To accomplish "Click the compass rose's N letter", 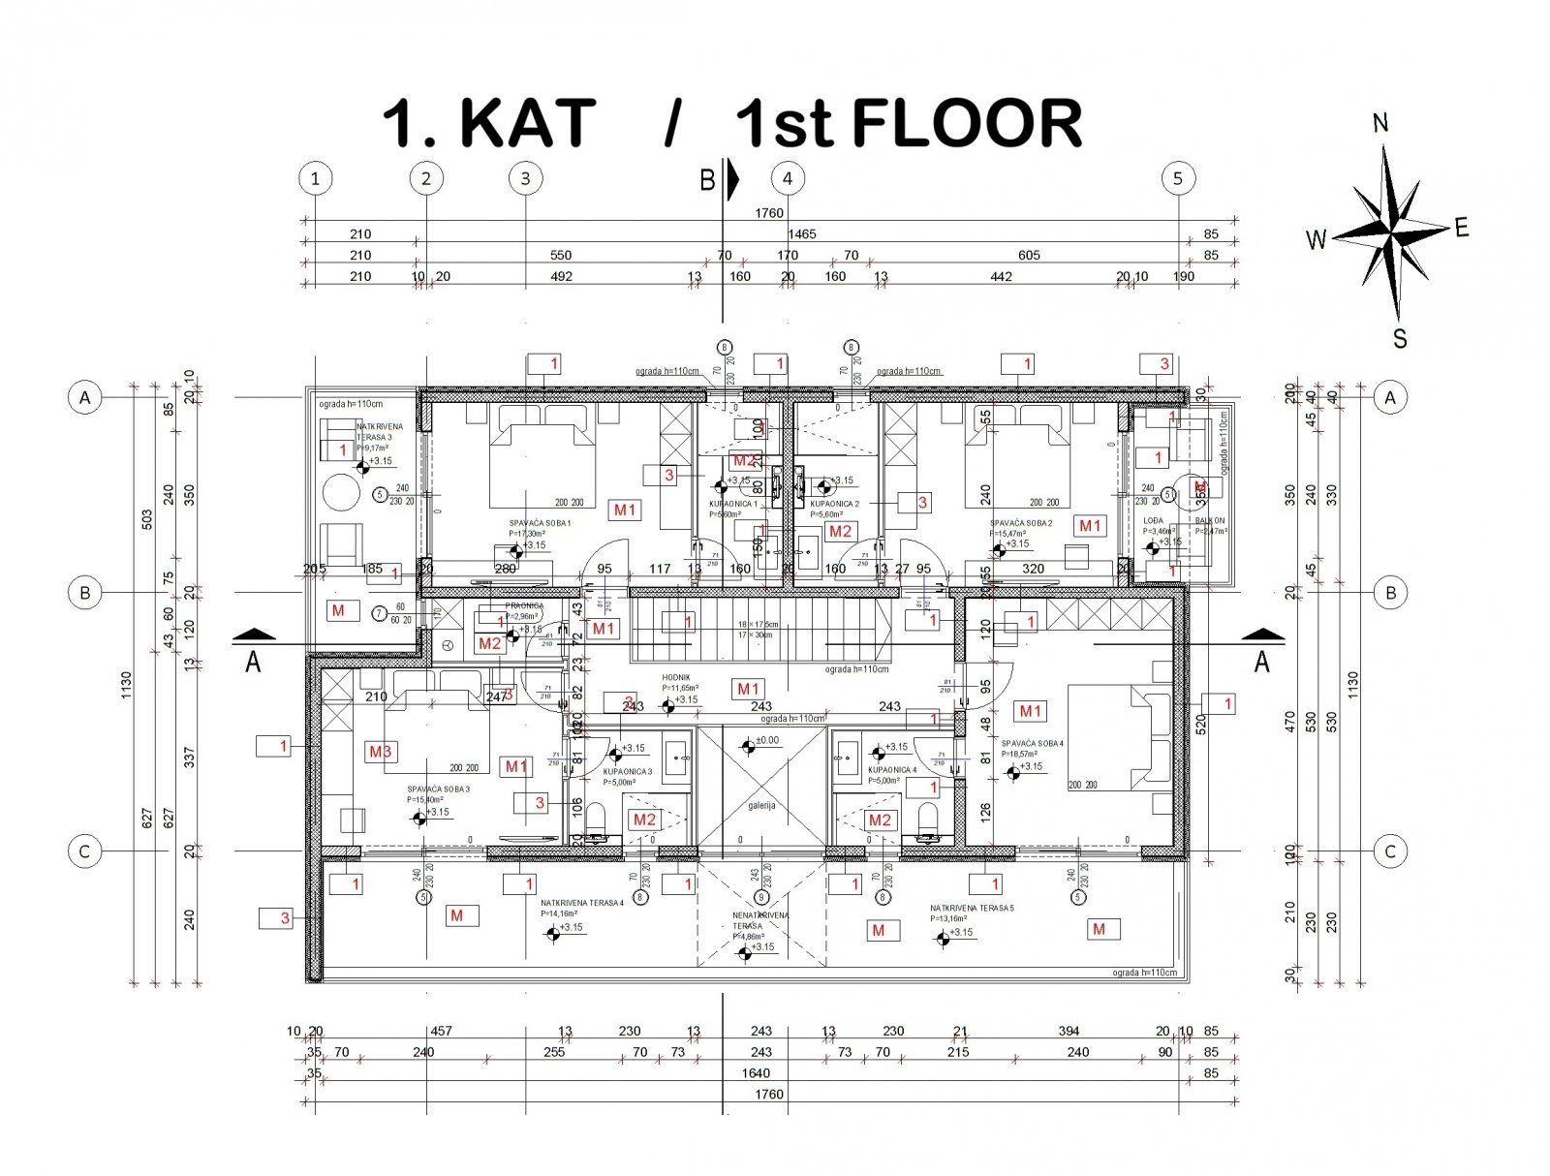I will [x=1381, y=123].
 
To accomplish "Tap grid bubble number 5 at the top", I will [x=1178, y=178].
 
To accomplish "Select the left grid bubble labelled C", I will [x=85, y=851].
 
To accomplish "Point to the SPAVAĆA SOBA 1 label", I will [x=541, y=523].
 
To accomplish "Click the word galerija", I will [x=761, y=804].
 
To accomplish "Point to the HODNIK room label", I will [x=675, y=679].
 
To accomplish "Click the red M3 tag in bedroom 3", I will [x=381, y=751].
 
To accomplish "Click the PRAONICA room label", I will [x=524, y=606].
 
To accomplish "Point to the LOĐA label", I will [x=1153, y=521].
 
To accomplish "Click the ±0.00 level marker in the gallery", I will [x=767, y=740].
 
